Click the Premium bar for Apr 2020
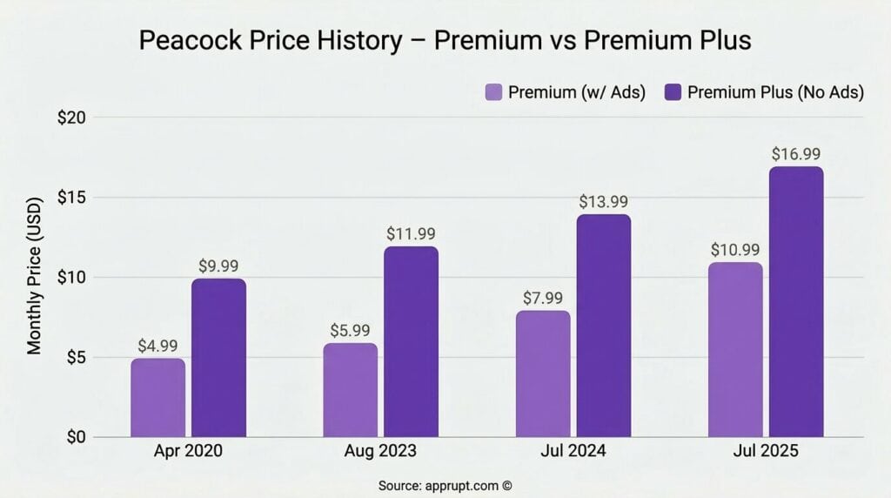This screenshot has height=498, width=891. click(x=158, y=398)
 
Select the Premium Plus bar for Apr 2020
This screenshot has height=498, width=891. click(x=218, y=358)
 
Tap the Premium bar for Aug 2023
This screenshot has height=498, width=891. click(x=351, y=390)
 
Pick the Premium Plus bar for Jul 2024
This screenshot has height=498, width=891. click(x=603, y=326)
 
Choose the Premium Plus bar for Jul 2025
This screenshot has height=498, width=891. click(x=795, y=301)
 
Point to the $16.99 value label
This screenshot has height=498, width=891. click(x=796, y=154)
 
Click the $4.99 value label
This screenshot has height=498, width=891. click(x=157, y=346)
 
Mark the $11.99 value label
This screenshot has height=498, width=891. click(x=412, y=234)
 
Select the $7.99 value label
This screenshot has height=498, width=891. click(x=543, y=299)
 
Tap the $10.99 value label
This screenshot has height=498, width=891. click(x=734, y=250)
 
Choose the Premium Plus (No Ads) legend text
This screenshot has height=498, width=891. click(x=774, y=92)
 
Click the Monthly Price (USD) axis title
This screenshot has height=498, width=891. click(x=35, y=277)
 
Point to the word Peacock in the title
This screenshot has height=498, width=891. click(x=194, y=42)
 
